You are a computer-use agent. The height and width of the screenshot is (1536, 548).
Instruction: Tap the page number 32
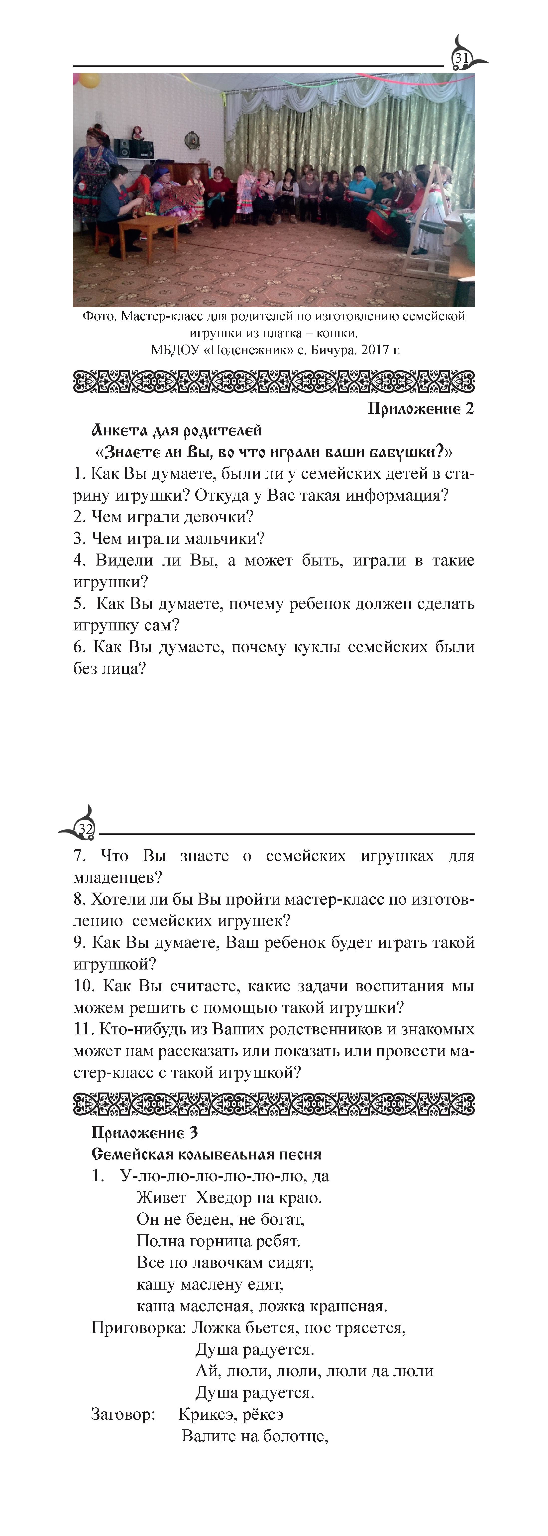85,829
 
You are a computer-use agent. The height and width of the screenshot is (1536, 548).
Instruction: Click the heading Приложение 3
144,1133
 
